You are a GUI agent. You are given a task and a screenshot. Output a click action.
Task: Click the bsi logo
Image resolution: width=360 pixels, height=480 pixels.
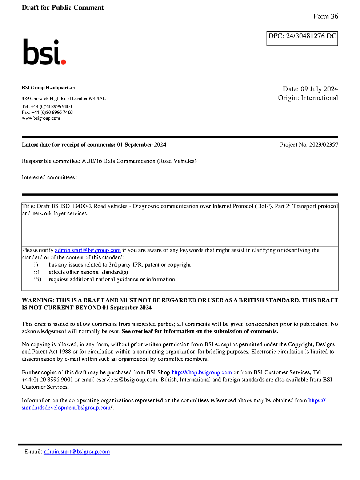click(44, 52)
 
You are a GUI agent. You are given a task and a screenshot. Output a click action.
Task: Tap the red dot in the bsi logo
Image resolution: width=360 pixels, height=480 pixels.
click(64, 62)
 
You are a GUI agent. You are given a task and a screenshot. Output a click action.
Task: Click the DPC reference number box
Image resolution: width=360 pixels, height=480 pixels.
click(302, 39)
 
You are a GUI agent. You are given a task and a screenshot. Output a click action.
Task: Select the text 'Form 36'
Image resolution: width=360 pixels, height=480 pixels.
click(325, 16)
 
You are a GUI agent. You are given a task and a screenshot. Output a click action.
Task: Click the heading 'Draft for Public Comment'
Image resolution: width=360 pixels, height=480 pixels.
click(63, 8)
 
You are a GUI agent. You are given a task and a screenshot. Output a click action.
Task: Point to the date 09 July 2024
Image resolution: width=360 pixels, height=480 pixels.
click(319, 89)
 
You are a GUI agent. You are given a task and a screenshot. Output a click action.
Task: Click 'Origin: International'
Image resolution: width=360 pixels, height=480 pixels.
click(308, 98)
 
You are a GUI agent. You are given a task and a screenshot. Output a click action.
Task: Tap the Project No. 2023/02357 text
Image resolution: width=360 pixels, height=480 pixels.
click(309, 145)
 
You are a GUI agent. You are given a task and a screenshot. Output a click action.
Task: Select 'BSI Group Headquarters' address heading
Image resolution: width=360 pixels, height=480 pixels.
click(48, 88)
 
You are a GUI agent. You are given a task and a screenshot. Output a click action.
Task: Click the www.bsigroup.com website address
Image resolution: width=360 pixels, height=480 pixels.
click(41, 118)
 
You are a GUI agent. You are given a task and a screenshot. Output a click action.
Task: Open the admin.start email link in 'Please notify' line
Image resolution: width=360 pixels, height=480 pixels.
click(88, 250)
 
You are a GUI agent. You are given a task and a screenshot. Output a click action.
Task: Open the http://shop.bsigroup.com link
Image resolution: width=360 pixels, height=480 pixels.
click(201, 372)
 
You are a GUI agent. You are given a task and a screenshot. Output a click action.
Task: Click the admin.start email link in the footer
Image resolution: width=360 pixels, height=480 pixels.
click(77, 452)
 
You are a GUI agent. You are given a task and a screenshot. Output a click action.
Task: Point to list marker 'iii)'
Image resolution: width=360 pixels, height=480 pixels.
click(37, 279)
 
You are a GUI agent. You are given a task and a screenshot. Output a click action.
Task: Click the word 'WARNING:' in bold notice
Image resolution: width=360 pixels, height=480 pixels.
click(38, 300)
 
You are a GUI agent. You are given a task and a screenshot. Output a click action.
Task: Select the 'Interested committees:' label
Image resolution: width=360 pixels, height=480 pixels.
click(49, 177)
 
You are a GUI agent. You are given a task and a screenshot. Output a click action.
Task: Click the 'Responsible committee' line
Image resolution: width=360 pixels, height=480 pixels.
click(109, 161)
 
